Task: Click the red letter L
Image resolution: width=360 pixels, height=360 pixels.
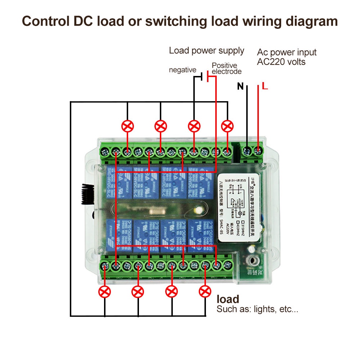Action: [265, 86]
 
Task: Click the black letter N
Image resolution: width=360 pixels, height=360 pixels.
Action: [240, 86]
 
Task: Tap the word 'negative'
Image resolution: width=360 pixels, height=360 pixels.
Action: [183, 70]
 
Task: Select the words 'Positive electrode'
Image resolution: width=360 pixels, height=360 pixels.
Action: [226, 68]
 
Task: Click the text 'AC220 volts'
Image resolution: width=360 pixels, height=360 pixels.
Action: [281, 62]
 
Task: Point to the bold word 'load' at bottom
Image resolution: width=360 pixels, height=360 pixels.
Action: [228, 299]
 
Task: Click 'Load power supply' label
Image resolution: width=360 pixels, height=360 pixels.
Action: [207, 51]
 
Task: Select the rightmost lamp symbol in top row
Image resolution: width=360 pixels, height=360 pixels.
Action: [228, 126]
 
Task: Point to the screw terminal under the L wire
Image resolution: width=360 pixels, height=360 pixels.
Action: [258, 150]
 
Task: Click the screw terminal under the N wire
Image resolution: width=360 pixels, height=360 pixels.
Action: [247, 150]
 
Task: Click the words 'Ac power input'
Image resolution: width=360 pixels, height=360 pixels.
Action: [287, 52]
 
